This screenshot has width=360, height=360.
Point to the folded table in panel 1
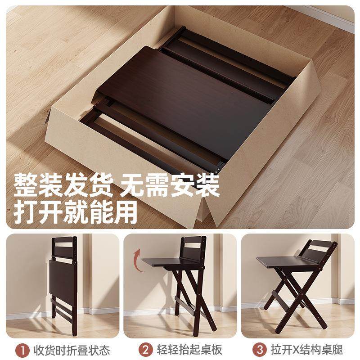coord(63,279)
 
